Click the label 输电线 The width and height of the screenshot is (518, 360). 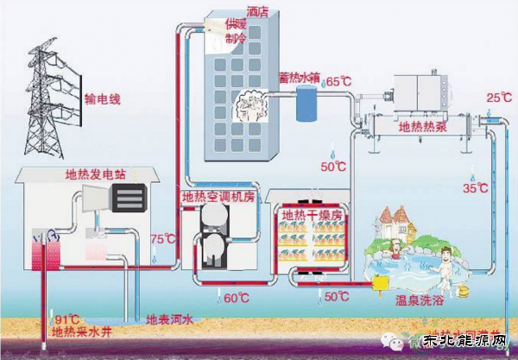click(103, 99)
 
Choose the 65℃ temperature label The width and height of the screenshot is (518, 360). click(338, 82)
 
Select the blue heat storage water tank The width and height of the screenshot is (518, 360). click(305, 104)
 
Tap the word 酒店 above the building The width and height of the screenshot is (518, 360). click(258, 12)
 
